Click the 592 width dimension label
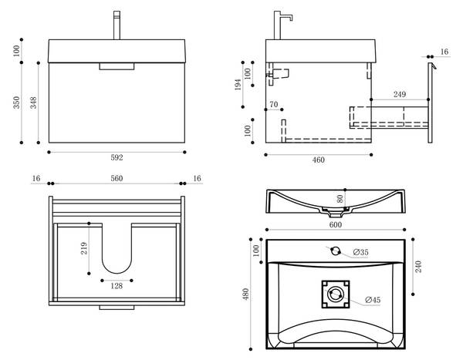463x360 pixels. click(117, 158)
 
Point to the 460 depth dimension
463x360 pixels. click(318, 160)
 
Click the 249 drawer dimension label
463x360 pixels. click(399, 95)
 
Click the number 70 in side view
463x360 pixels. click(273, 104)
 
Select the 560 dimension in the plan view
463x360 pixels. click(117, 178)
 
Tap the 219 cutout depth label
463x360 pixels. click(84, 248)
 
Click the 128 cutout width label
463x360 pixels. click(117, 287)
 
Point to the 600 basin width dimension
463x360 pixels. click(335, 225)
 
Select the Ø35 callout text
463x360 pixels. click(360, 252)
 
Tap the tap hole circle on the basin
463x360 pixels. click(335, 250)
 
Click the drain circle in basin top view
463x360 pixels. click(335, 295)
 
